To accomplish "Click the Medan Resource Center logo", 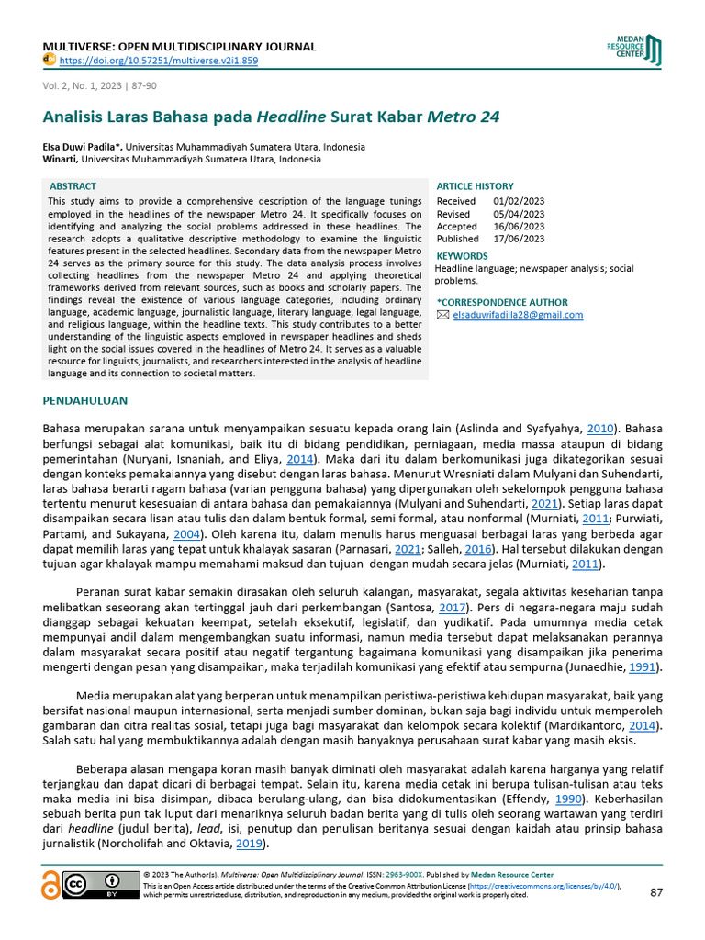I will (632, 50).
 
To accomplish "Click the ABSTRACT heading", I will (73, 186).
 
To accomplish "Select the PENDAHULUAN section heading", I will (85, 400).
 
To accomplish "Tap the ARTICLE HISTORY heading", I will (475, 186).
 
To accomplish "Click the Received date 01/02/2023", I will (519, 201).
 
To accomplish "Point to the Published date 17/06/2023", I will (519, 239).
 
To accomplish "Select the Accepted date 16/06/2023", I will (519, 226).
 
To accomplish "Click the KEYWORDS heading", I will (462, 255).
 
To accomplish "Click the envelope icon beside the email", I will (443, 315).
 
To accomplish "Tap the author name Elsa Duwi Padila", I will (82, 147).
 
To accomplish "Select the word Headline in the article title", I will (291, 118).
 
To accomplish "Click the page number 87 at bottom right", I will (655, 892).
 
